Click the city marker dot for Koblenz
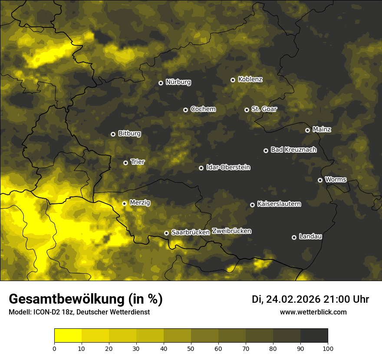[x=233, y=80]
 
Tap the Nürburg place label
[x=178, y=82]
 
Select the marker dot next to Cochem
[x=185, y=110]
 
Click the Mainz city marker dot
[x=307, y=130]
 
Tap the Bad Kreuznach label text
[x=293, y=150]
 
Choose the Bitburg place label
[x=129, y=134]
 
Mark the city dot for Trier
[x=125, y=163]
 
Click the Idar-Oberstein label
[x=228, y=167]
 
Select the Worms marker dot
[x=320, y=180]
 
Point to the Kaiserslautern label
[x=279, y=204]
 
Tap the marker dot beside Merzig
[x=124, y=203]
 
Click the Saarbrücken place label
[x=191, y=232]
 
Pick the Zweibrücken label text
[x=231, y=231]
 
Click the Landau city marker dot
[x=294, y=237]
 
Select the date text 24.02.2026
[x=293, y=299]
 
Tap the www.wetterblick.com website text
[x=313, y=312]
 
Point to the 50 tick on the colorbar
[x=191, y=348]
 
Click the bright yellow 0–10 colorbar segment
[x=68, y=335]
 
